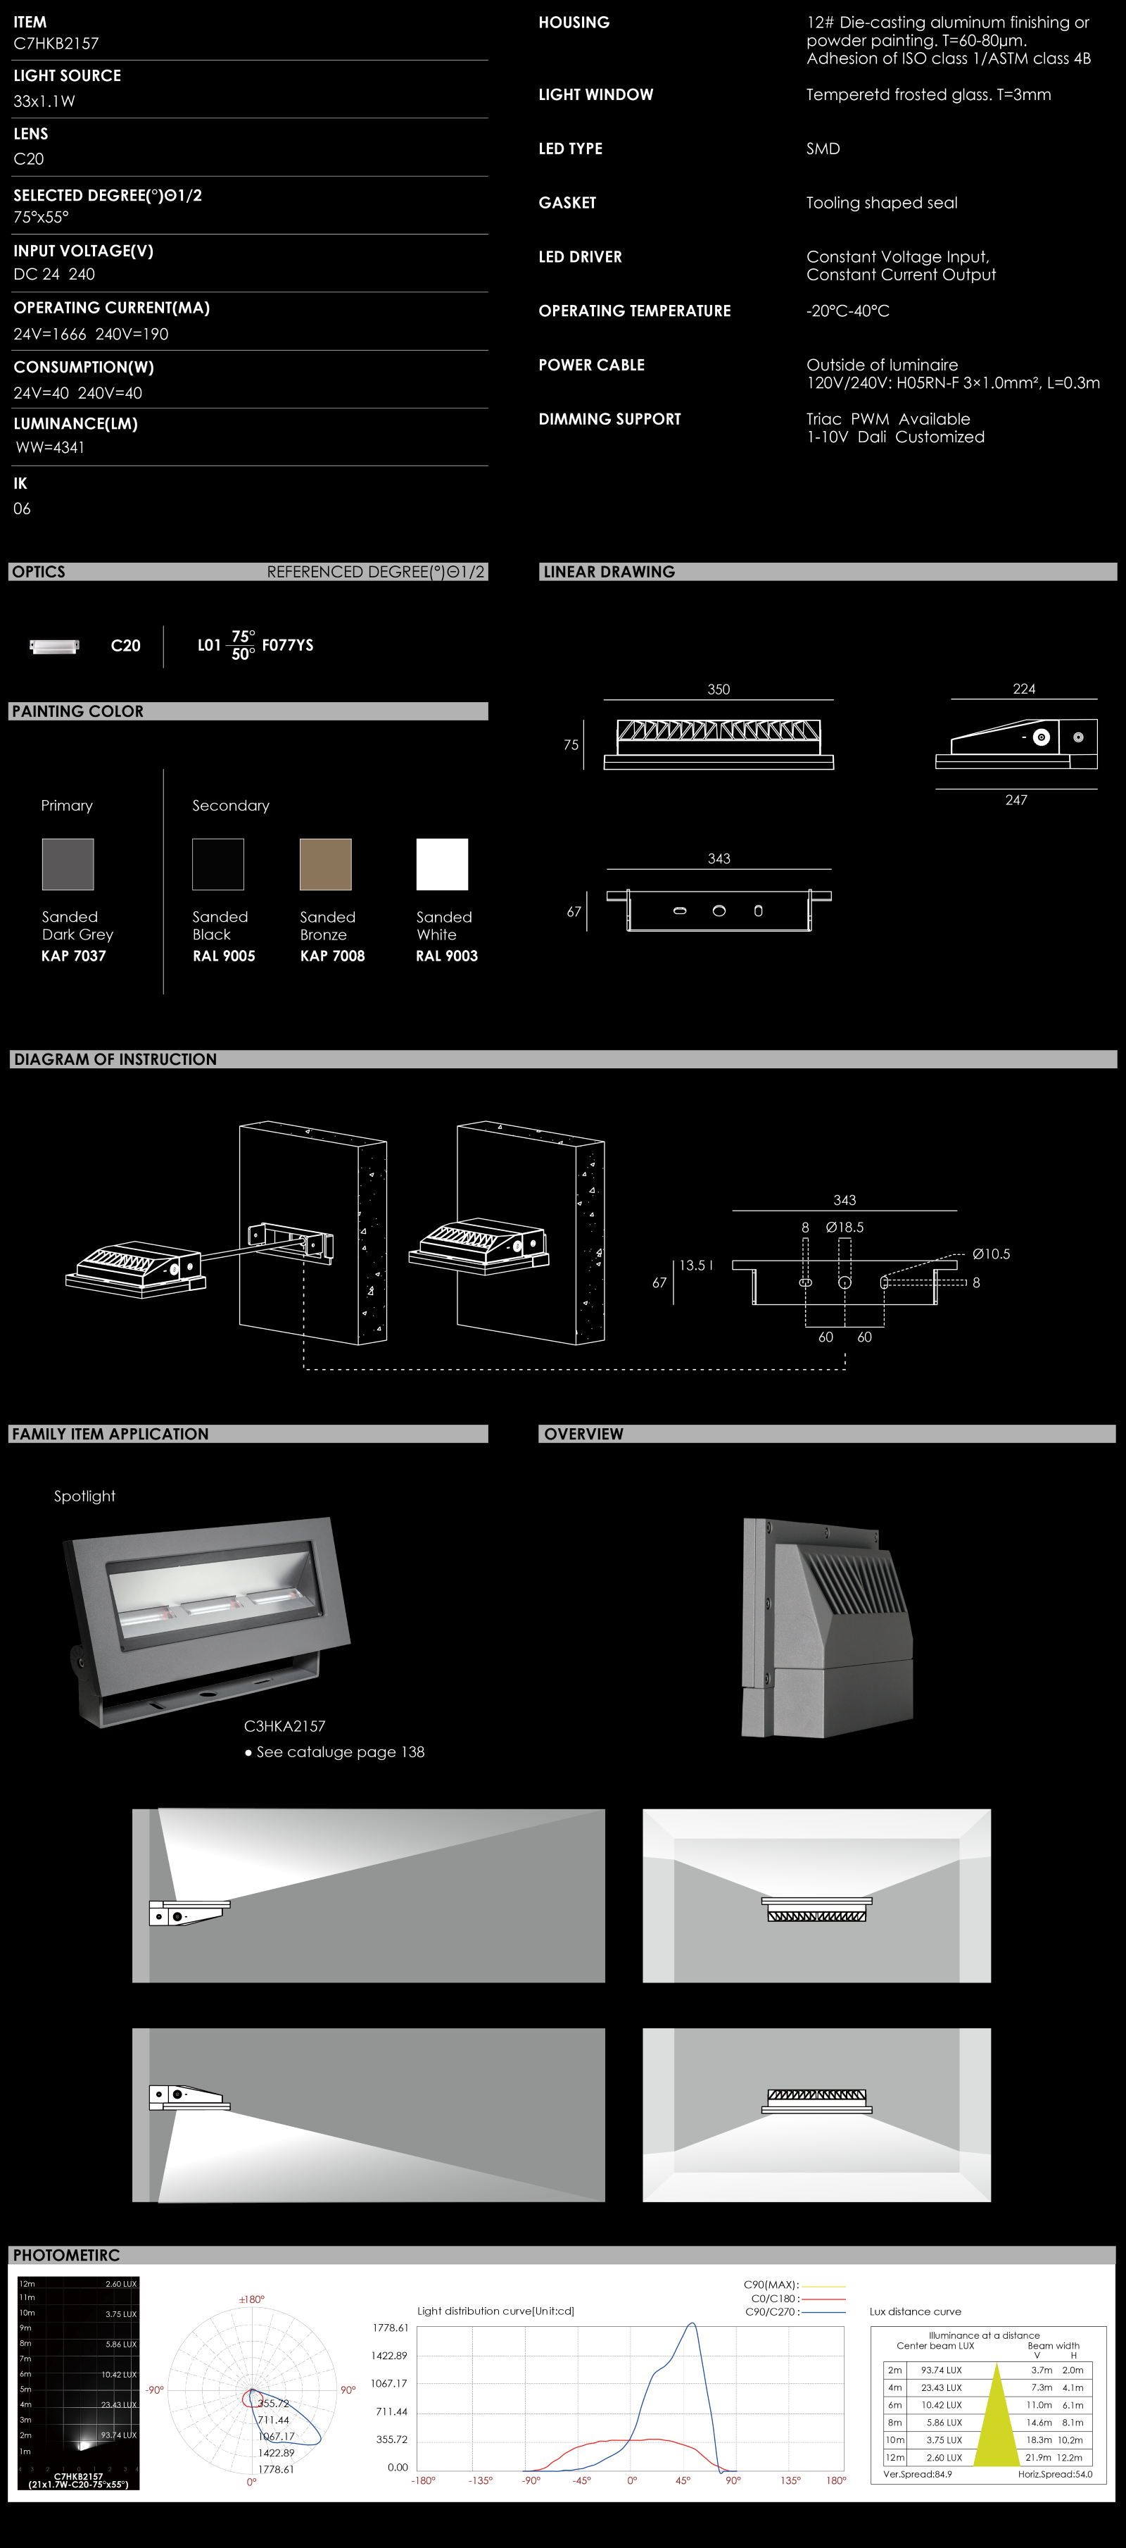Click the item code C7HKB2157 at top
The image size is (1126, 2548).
pyautogui.click(x=56, y=44)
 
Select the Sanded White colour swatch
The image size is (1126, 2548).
pyautogui.click(x=442, y=865)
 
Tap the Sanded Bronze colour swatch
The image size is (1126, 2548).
pyautogui.click(x=325, y=865)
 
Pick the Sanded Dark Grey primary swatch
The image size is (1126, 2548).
pyautogui.click(x=68, y=865)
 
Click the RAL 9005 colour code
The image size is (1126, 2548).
pyautogui.click(x=223, y=956)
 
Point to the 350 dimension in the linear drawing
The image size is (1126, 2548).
pyautogui.click(x=719, y=689)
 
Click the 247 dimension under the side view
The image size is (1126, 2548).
pyautogui.click(x=1016, y=800)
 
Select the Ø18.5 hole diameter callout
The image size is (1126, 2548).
pyautogui.click(x=845, y=1228)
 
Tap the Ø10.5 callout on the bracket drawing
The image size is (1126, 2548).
pyautogui.click(x=991, y=1254)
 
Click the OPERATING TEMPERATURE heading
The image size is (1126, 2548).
pyautogui.click(x=635, y=311)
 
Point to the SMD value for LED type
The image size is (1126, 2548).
pyautogui.click(x=823, y=149)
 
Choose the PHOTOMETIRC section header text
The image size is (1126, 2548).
pyautogui.click(x=66, y=2255)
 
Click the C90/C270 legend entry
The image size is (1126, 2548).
pyautogui.click(x=771, y=2311)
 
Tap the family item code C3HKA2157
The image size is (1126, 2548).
pyautogui.click(x=285, y=1726)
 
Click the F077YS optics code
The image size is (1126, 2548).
pyautogui.click(x=288, y=646)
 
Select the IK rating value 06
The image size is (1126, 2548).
pyautogui.click(x=22, y=508)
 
